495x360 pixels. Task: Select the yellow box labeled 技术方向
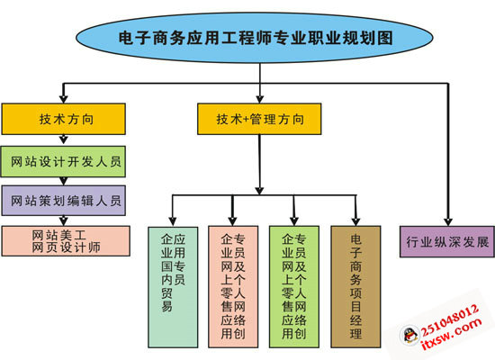(63, 119)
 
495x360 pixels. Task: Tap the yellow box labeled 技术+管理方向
(259, 119)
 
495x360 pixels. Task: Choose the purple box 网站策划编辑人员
(63, 200)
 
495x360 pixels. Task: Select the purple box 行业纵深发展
(446, 242)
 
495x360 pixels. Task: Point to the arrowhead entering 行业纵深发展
(446, 218)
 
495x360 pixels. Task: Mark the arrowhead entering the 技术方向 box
(63, 98)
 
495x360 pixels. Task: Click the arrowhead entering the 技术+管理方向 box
(259, 98)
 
